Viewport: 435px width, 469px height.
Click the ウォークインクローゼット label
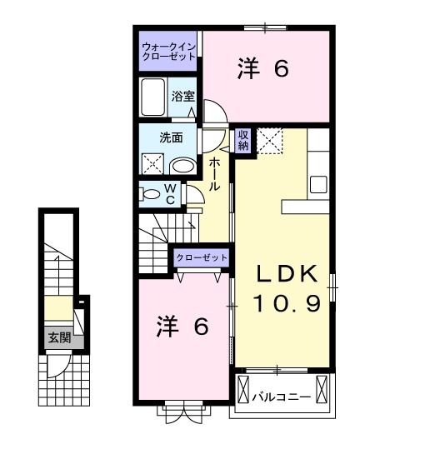click(x=168, y=52)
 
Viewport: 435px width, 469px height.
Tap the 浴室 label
click(x=183, y=97)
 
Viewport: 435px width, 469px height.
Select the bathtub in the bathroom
click(x=153, y=97)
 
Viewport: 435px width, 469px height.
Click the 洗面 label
click(x=171, y=138)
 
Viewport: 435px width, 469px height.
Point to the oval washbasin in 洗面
click(x=183, y=166)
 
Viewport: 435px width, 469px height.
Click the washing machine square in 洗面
click(x=152, y=164)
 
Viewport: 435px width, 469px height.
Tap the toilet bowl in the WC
click(x=151, y=195)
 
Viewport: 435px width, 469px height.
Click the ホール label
click(x=214, y=174)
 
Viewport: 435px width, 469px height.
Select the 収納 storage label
click(x=243, y=141)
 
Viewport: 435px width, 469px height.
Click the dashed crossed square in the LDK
click(x=270, y=141)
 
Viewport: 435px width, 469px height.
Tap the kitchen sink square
click(x=318, y=185)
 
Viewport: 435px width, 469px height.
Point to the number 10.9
click(x=287, y=302)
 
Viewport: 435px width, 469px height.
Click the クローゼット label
click(x=202, y=258)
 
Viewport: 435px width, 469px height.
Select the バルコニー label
click(x=282, y=397)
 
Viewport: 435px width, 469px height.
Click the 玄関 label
click(x=60, y=338)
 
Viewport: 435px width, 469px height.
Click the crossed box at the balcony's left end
click(x=243, y=390)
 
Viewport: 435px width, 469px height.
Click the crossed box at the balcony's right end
click(x=322, y=390)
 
